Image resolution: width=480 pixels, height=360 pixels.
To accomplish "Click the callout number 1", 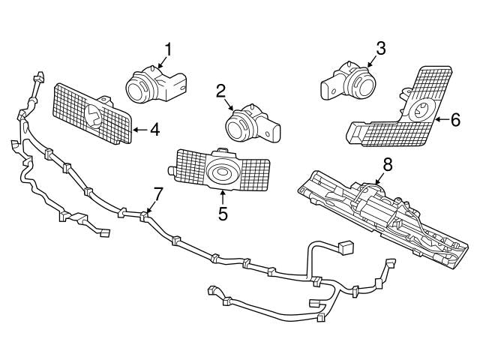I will point(168,50).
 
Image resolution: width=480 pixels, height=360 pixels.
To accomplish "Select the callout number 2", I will point(221,91).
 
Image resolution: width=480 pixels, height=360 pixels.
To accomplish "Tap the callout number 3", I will point(380,49).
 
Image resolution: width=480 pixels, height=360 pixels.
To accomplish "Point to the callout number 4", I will point(154,130).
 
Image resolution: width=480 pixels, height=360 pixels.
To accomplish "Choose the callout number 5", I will point(222,213).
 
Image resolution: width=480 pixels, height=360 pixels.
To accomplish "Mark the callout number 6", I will point(454,118).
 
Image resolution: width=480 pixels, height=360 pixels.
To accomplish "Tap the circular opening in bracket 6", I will point(422,112).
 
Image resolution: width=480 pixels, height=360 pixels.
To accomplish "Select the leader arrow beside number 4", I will point(139,130).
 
